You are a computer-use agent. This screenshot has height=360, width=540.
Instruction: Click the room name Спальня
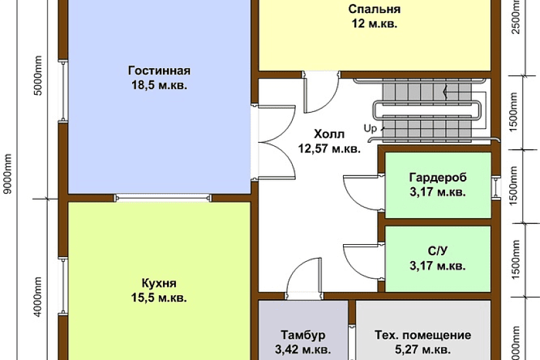[x=374, y=10]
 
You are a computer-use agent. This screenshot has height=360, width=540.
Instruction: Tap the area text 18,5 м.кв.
[x=159, y=85]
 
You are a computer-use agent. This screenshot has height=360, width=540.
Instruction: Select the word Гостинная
[x=159, y=71]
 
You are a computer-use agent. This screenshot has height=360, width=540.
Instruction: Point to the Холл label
[x=329, y=134]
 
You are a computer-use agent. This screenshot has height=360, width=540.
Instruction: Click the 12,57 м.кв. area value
[x=329, y=149]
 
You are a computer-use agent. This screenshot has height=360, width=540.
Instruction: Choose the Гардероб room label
[x=438, y=178]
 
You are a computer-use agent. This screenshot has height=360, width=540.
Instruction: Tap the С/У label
[x=438, y=251]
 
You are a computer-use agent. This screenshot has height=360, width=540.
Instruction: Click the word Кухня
[x=159, y=283]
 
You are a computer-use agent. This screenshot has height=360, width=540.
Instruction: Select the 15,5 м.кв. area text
[x=159, y=298]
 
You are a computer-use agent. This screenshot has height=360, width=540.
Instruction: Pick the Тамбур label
[x=303, y=335]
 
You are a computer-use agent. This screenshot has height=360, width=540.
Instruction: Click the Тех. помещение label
[x=422, y=335]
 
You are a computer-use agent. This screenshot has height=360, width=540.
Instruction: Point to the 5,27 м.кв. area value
[x=422, y=349]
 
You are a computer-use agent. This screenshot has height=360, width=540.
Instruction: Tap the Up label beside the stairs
[x=370, y=128]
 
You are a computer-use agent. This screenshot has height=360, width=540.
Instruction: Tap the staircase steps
[x=425, y=109]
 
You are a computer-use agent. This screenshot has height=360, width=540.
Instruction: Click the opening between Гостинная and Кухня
[x=162, y=197]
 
